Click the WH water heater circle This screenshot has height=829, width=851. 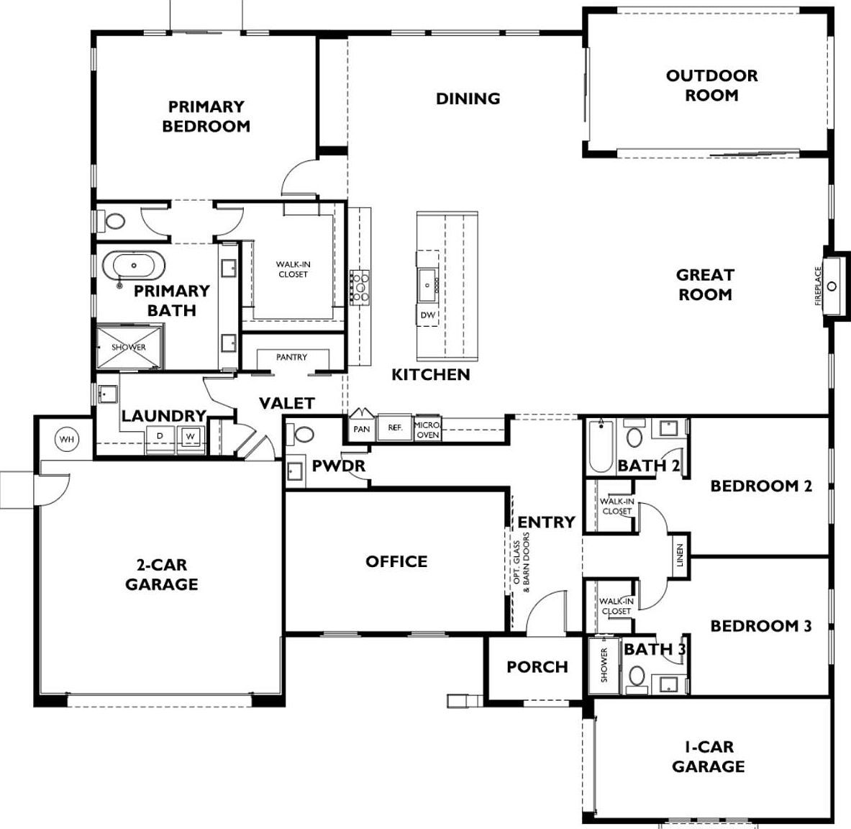pyautogui.click(x=67, y=439)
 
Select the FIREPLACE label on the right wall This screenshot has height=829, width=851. pyautogui.click(x=819, y=286)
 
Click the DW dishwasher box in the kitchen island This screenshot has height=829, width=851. pyautogui.click(x=428, y=315)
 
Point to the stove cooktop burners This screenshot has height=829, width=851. pyautogui.click(x=359, y=286)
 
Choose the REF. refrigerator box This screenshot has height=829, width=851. pyautogui.click(x=394, y=427)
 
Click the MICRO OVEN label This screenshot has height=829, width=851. pyautogui.click(x=427, y=430)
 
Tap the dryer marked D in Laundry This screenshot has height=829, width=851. pyautogui.click(x=160, y=437)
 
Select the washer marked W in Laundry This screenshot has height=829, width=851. pyautogui.click(x=190, y=437)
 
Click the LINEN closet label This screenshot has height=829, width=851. pyautogui.click(x=680, y=556)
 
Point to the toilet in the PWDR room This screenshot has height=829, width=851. pyautogui.click(x=301, y=434)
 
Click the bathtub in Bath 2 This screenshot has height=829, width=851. pyautogui.click(x=601, y=445)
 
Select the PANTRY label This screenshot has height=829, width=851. pyautogui.click(x=291, y=357)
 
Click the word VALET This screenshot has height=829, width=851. pyautogui.click(x=286, y=404)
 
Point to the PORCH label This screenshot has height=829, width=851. pyautogui.click(x=537, y=666)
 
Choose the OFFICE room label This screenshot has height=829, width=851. pyautogui.click(x=396, y=561)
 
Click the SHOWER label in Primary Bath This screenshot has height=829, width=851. pyautogui.click(x=129, y=348)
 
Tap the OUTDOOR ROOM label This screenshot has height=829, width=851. pyautogui.click(x=711, y=85)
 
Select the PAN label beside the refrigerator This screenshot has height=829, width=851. pyautogui.click(x=361, y=429)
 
